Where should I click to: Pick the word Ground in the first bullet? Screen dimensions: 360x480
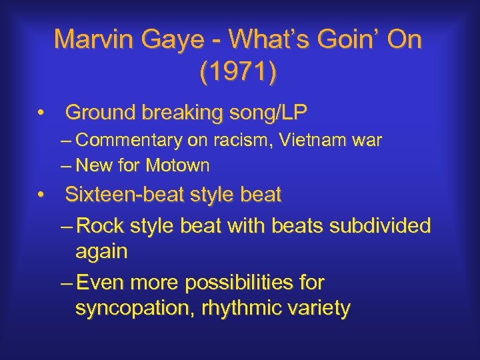101,113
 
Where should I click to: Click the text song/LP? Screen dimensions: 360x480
266,113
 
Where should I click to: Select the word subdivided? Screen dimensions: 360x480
382,226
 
